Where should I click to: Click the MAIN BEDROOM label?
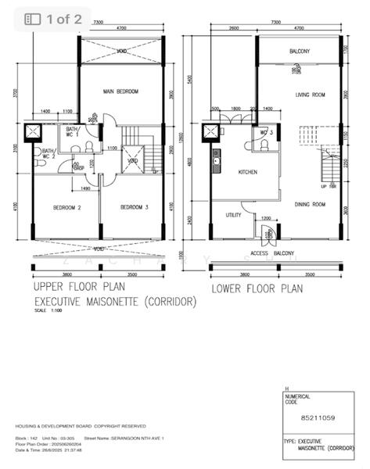[x=120, y=91]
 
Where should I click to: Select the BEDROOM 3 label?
[x=135, y=207]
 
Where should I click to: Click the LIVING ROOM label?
[x=309, y=96]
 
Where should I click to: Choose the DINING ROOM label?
[x=310, y=205]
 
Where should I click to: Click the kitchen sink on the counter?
[x=216, y=162]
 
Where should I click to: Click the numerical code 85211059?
[x=318, y=418]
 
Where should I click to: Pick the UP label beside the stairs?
[x=324, y=187]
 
